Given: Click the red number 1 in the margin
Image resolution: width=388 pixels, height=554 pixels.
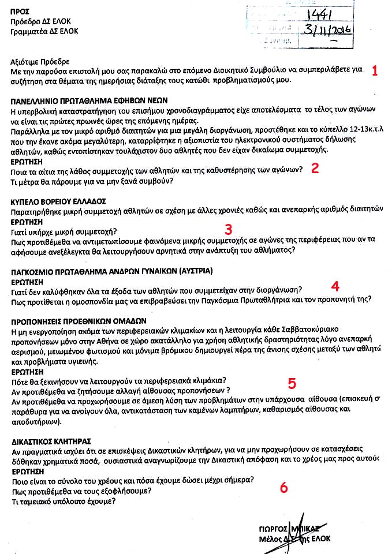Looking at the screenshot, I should tap(374, 72).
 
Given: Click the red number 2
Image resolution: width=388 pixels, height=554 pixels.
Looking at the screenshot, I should tap(315, 169).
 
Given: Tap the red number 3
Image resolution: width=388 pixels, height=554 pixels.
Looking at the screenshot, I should tap(228, 229).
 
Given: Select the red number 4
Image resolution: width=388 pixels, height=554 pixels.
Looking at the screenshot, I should tap(335, 286).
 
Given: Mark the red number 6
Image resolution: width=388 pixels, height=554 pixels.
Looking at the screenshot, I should tap(283, 488).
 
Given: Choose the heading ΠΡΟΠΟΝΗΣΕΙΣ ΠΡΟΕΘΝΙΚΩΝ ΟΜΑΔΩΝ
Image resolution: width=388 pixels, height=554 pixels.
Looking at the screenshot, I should tap(79, 320).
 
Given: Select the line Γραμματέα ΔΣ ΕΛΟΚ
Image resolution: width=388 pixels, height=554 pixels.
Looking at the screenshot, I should tap(44, 31).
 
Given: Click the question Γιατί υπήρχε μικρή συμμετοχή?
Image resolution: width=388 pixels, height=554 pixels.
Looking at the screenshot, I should tap(64, 231).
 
